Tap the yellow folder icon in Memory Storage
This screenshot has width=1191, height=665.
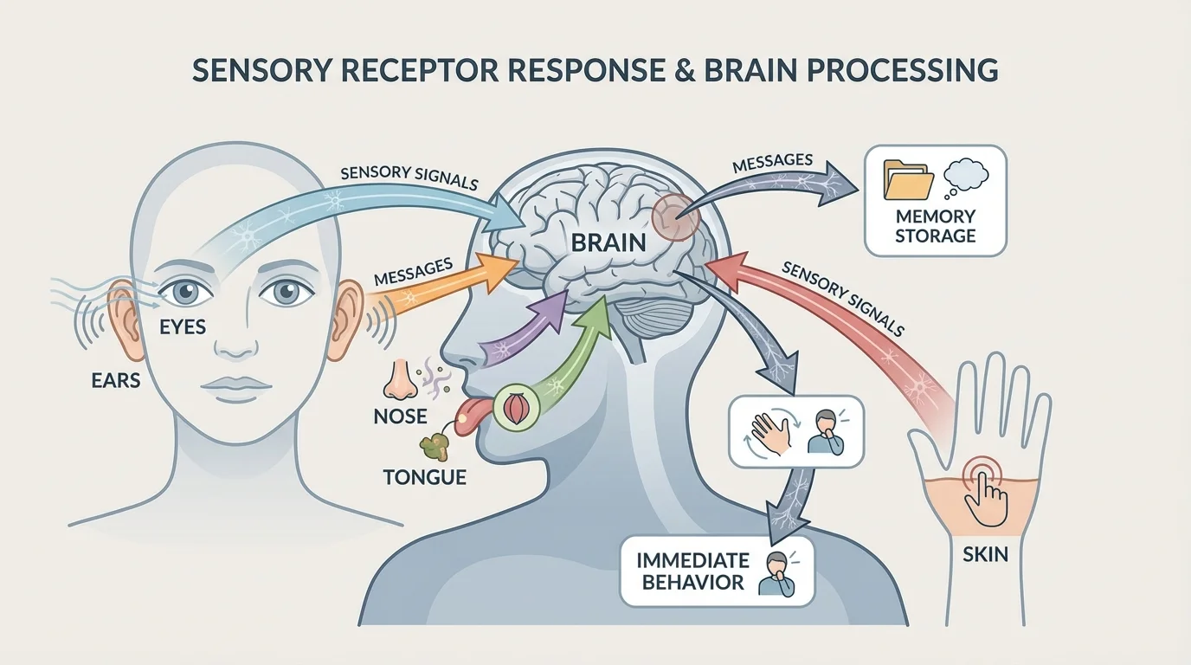point(908,179)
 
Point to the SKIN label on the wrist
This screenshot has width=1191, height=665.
point(985,552)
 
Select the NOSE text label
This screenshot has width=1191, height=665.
point(400,416)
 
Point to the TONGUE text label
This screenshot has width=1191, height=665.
point(424,476)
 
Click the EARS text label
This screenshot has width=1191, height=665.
point(115,379)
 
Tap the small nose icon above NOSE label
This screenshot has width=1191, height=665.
point(401,379)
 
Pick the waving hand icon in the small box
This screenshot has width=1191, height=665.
point(772,430)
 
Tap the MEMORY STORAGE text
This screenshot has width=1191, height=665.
point(935,225)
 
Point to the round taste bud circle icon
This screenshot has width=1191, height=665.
point(511,407)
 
